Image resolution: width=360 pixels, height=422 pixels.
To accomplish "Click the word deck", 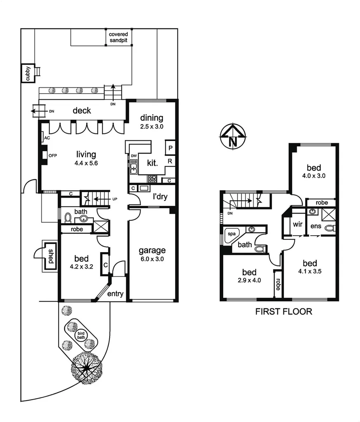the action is click(x=82, y=110).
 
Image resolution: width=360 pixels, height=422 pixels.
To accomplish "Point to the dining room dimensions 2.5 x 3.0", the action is click(x=152, y=127).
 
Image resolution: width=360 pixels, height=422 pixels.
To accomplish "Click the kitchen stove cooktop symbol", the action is click(x=152, y=179).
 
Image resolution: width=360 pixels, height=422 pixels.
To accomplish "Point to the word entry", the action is click(x=115, y=293).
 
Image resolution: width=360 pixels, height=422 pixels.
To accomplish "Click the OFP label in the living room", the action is click(x=53, y=155).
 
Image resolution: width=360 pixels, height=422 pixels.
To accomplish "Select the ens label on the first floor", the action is click(x=316, y=226).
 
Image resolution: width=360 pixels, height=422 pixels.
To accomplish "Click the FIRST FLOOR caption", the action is click(x=284, y=312).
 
